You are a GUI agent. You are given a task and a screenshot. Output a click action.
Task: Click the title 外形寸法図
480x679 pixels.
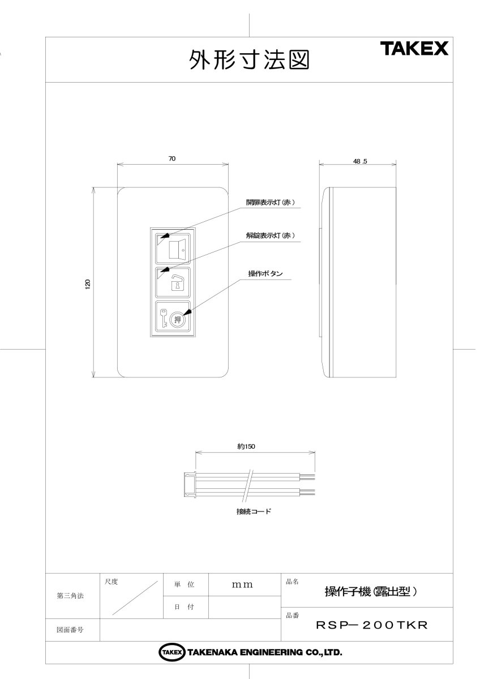(249, 60)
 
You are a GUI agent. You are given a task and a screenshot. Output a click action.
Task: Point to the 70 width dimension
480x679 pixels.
(172, 159)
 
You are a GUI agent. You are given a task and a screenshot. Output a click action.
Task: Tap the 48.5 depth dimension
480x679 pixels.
(360, 161)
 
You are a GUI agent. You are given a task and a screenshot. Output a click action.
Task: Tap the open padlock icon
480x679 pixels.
(177, 283)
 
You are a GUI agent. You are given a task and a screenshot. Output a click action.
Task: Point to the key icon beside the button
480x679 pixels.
(163, 319)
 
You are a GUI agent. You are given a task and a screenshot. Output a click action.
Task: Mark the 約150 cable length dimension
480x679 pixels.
(247, 446)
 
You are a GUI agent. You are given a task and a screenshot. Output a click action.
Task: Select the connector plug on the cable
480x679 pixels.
(190, 484)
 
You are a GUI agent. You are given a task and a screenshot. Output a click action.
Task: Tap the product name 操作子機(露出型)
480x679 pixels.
(371, 592)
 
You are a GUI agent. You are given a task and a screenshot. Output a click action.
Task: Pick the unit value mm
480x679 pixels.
(242, 585)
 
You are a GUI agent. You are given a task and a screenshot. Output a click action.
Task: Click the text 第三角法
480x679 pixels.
(70, 596)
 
